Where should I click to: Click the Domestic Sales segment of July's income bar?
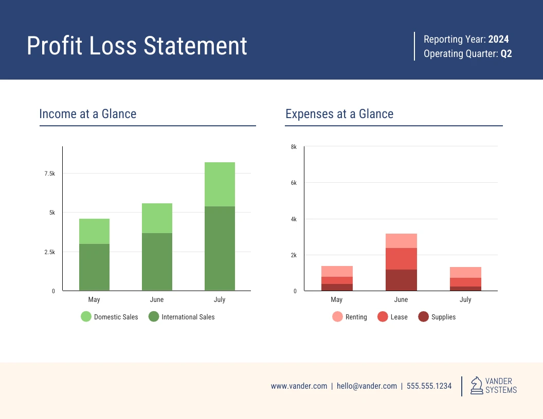(x=220, y=184)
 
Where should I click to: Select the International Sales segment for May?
(x=94, y=267)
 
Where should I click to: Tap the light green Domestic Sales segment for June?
(x=157, y=218)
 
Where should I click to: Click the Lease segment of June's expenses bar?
(x=401, y=259)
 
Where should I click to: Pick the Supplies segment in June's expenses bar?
(x=401, y=280)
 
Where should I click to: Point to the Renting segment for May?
(x=337, y=271)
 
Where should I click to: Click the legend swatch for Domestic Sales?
(x=86, y=317)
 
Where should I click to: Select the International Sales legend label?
(x=188, y=317)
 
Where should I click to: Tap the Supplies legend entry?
(x=443, y=317)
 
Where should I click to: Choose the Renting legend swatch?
(x=337, y=317)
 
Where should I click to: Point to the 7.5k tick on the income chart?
(x=49, y=174)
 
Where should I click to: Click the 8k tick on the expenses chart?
(x=294, y=147)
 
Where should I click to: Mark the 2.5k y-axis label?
(x=49, y=252)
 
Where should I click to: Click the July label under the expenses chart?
(x=465, y=300)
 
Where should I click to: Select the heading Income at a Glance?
(x=88, y=114)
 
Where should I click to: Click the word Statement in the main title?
(x=195, y=46)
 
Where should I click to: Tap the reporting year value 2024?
(x=498, y=39)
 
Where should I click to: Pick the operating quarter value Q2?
(x=506, y=53)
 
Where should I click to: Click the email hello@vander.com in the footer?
(x=367, y=386)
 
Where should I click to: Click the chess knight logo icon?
(x=477, y=386)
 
